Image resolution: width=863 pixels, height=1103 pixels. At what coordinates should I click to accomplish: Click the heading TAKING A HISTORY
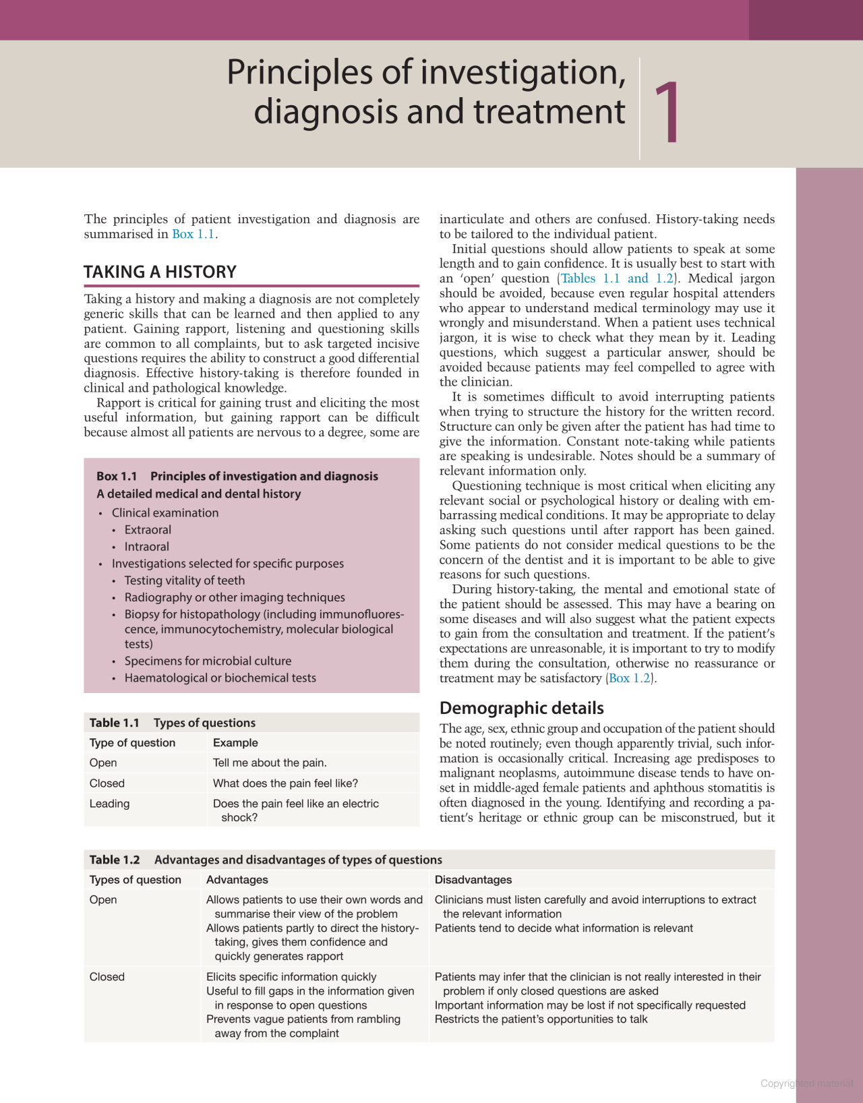[160, 272]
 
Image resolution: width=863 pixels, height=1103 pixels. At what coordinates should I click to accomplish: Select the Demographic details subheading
[521, 708]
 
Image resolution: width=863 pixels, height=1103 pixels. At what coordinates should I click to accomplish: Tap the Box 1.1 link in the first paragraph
[193, 234]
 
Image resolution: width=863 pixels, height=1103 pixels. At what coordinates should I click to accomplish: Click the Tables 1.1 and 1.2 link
[617, 278]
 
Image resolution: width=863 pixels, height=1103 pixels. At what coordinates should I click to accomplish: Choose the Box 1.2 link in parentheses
[630, 678]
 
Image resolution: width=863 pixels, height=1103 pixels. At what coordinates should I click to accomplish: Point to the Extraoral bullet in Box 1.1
[148, 530]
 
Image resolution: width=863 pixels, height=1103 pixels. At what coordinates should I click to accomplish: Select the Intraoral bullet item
[146, 547]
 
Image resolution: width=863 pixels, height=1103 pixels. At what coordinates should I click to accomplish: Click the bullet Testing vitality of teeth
[184, 580]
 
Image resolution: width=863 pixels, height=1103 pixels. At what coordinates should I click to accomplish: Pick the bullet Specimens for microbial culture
[208, 661]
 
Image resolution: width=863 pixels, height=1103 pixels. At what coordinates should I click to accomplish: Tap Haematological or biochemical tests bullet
[220, 678]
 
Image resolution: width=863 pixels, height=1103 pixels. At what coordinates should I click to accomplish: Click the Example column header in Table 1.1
[235, 743]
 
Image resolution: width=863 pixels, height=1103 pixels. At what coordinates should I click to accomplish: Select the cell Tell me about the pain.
[270, 763]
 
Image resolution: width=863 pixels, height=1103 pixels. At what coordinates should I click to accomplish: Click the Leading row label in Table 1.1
[109, 804]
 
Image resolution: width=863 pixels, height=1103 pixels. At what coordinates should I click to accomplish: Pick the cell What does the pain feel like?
[285, 783]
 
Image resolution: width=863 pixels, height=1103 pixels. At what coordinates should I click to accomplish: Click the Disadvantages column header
[473, 880]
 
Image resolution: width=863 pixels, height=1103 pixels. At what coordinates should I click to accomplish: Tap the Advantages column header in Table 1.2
[237, 880]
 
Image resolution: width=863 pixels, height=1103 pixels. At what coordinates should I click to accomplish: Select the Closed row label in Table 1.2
[107, 977]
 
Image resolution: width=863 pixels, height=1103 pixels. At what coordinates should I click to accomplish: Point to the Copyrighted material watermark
[806, 1083]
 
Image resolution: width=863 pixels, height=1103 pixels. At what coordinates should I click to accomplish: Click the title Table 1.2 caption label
[115, 860]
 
